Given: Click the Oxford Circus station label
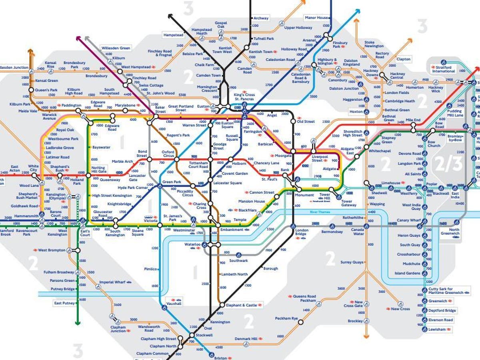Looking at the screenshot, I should (168, 154).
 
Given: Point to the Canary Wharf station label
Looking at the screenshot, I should (409, 220).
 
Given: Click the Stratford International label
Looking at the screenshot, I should (444, 69).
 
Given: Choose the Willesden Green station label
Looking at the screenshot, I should (116, 48).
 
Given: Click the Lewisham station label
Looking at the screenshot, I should (437, 329).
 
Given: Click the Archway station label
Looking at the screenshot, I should (261, 18).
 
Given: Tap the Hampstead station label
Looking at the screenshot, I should (173, 35).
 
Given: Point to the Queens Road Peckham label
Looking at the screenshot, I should (304, 298).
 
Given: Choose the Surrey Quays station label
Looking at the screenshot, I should (352, 262).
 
